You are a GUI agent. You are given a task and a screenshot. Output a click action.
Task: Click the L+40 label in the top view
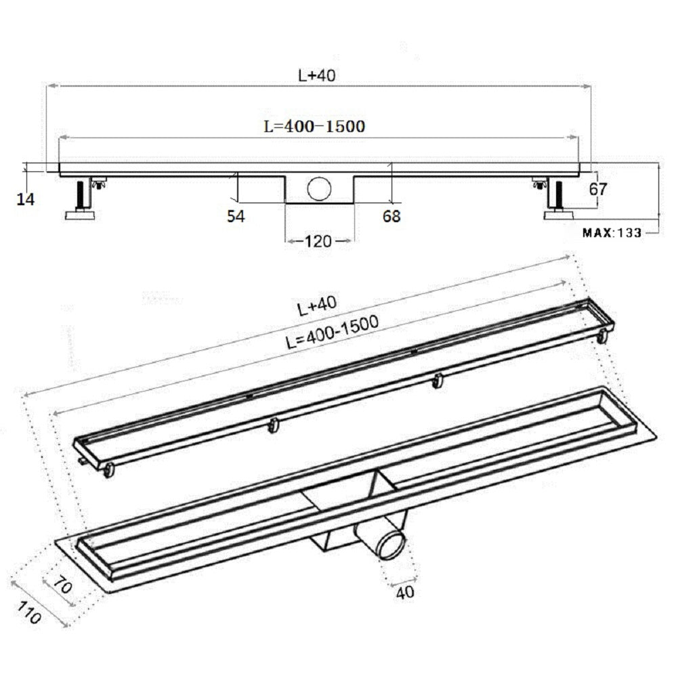[317, 77]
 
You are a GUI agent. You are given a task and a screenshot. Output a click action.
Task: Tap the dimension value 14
[26, 199]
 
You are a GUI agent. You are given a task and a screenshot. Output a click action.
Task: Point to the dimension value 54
[236, 216]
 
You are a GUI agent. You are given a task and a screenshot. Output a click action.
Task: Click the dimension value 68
[391, 216]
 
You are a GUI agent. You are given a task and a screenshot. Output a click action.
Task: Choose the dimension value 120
[318, 240]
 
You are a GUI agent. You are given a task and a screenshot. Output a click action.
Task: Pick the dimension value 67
[597, 190]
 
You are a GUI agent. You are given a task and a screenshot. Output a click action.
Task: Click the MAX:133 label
[612, 232]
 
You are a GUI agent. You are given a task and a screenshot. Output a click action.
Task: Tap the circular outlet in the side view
[318, 188]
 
